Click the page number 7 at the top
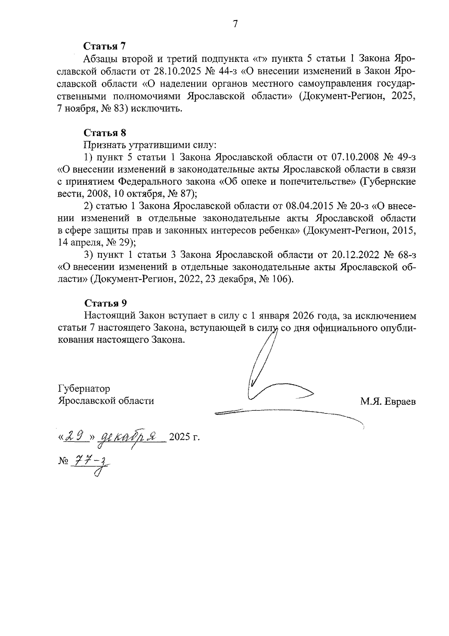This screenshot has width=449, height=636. click(x=235, y=24)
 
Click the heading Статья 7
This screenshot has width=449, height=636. click(x=105, y=46)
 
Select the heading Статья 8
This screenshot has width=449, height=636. click(x=105, y=133)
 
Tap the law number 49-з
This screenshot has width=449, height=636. click(x=404, y=157)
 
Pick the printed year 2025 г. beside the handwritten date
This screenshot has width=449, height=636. click(x=184, y=437)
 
